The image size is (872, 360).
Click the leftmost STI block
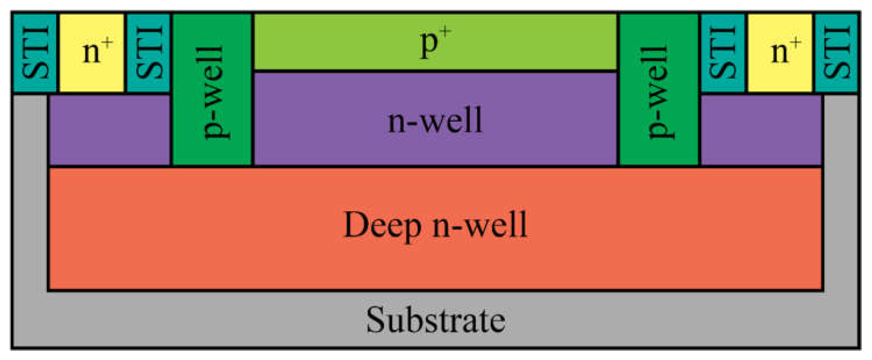coord(35,53)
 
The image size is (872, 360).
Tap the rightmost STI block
coord(837,53)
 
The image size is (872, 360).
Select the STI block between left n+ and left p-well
coord(148,53)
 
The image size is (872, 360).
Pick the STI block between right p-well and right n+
coord(723,53)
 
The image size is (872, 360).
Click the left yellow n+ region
coord(92,53)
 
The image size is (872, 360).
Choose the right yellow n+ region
coord(780,53)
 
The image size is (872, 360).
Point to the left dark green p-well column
coord(212,90)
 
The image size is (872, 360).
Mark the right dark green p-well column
coord(659,90)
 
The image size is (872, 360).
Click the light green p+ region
coord(435,42)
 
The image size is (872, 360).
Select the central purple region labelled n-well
coord(435,120)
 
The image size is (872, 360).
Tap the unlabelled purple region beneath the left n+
coord(109,130)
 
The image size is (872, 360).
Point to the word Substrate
coord(436,320)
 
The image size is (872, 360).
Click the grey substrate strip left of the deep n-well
coord(30,203)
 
